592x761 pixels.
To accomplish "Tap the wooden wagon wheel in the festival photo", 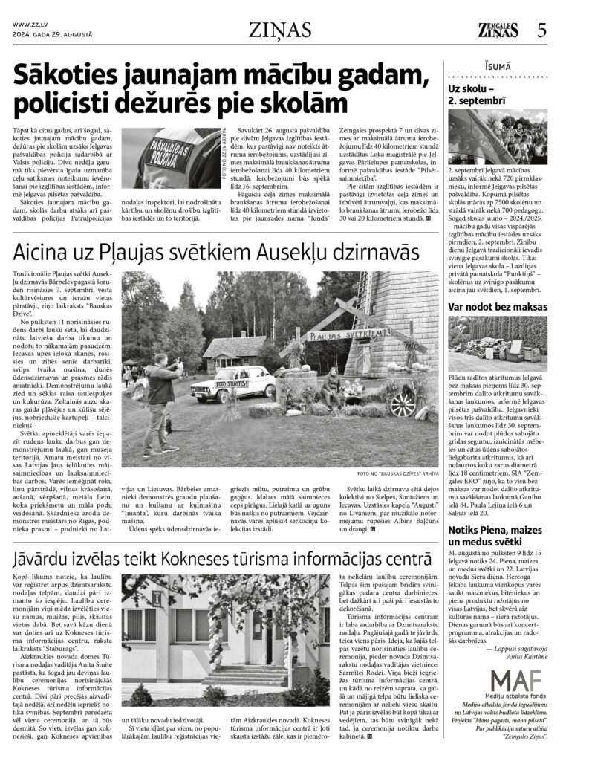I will pos(402,404).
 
